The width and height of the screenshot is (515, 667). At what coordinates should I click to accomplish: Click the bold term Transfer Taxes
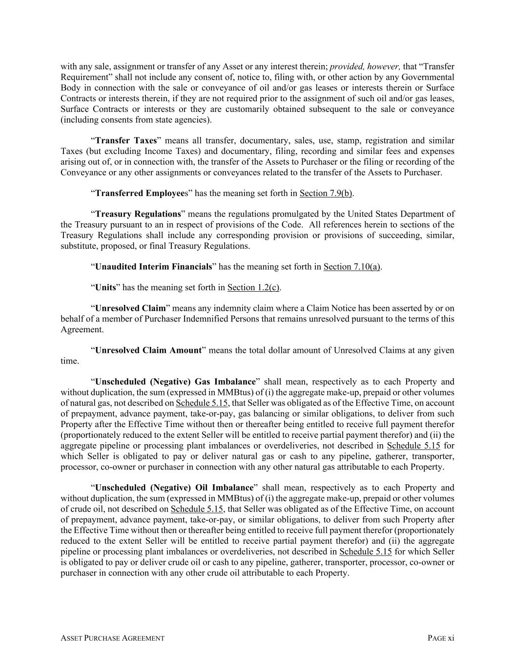point(126,141)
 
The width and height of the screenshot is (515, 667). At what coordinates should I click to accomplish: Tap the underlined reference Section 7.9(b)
point(326,194)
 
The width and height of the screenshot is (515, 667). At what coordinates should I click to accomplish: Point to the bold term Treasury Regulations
point(138,214)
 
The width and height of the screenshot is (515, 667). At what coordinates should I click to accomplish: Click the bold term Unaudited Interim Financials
point(154,267)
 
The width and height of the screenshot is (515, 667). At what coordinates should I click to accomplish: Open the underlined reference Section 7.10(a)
point(351,267)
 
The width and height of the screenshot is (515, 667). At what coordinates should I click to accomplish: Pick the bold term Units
point(105,288)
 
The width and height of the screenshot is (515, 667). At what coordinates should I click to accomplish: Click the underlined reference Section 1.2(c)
point(253,288)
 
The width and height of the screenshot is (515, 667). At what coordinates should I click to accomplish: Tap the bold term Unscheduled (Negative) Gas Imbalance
point(175,382)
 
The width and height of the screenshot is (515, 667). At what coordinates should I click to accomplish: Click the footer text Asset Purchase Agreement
point(112,638)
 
